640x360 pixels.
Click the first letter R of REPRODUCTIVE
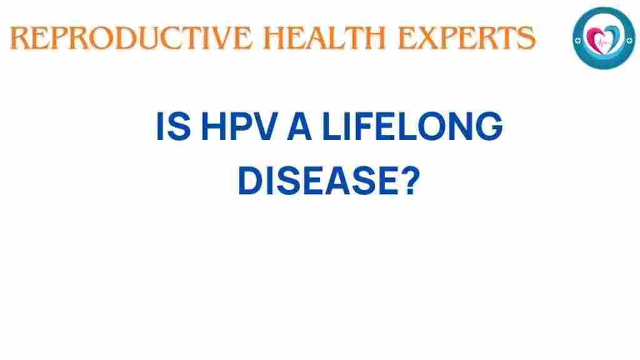20,39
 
